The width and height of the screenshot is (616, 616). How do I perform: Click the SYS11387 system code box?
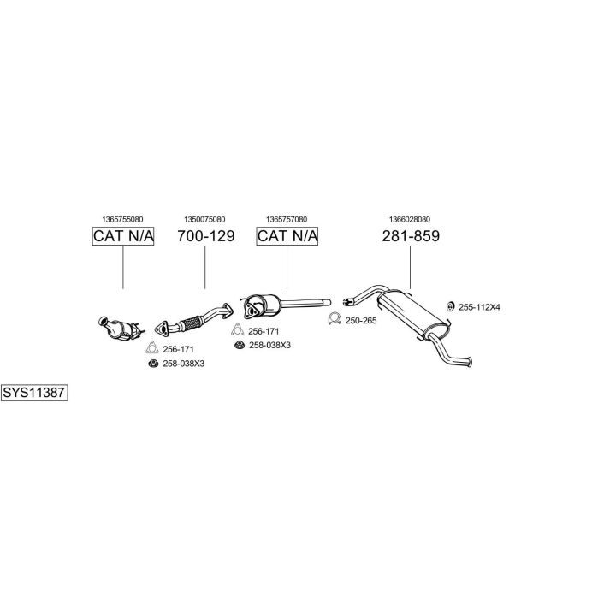34,393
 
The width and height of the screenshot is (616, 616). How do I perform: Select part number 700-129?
206,236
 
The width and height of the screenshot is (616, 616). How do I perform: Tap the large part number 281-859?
411,236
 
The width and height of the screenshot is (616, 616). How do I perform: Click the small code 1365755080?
122,219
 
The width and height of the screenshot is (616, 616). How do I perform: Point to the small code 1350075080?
204,219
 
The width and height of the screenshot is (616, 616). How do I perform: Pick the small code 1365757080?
287,219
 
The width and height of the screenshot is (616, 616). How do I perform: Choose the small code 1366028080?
410,219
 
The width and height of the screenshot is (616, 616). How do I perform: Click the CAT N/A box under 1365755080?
123,236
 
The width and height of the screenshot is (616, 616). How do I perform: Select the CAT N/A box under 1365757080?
287,236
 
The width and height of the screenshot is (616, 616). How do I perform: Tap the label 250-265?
361,321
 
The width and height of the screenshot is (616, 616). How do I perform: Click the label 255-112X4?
479,307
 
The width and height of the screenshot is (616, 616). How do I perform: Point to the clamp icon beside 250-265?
335,318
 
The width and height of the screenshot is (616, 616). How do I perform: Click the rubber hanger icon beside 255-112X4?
451,306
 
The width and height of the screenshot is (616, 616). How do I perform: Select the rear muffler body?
412,313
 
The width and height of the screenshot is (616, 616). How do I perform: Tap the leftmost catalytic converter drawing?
120,328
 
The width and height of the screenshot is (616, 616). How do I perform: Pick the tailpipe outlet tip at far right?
470,362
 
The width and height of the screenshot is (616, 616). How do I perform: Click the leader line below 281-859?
410,268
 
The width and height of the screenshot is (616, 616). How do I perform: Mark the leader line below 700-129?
205,268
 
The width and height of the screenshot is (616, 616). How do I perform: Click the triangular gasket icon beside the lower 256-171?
152,347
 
